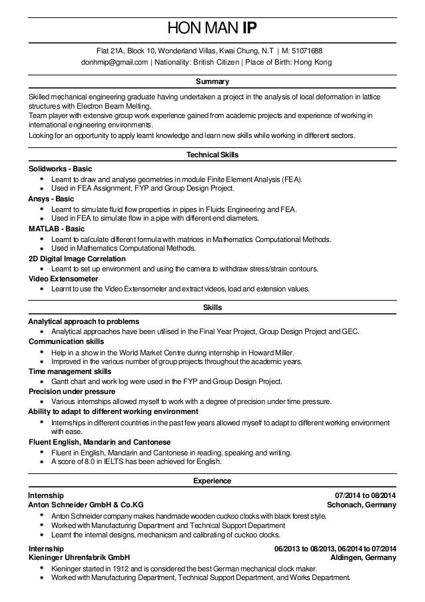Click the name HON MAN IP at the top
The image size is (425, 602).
coord(212,28)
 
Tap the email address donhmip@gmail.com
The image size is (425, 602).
coord(114,62)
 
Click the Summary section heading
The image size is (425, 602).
coord(212,82)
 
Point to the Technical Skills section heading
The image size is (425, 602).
coord(212,155)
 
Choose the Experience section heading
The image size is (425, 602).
coord(212,480)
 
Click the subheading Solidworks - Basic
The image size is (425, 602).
coord(60,169)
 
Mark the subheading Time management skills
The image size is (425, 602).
coord(69,371)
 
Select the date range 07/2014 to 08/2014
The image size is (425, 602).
coord(366,495)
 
